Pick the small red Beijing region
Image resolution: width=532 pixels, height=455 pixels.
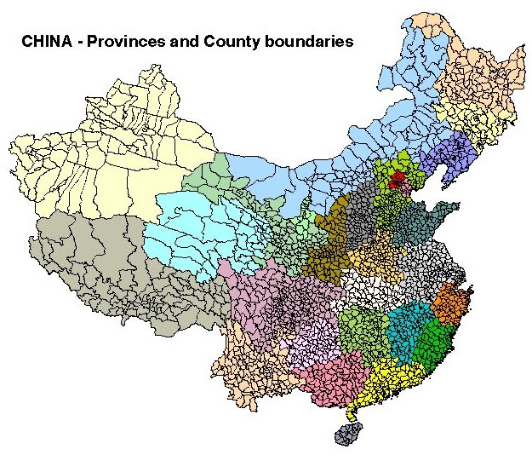[395, 179]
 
